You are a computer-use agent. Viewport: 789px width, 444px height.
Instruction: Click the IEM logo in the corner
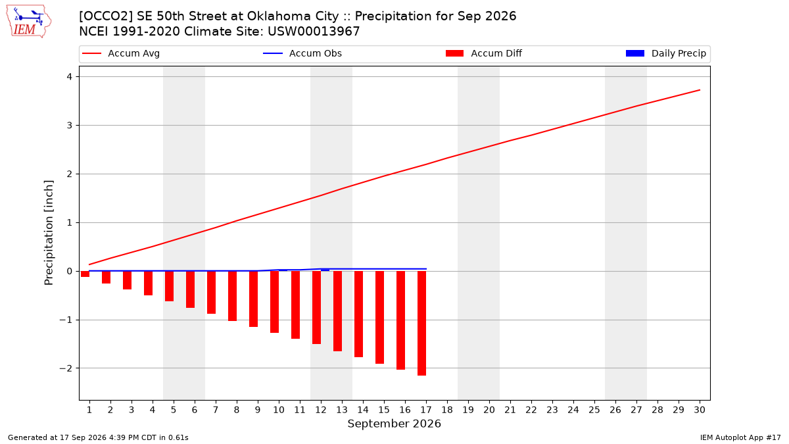coord(28,22)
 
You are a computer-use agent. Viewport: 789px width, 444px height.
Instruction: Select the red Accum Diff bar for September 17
coord(421,323)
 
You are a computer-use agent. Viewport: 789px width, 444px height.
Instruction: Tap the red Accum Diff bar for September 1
coord(85,274)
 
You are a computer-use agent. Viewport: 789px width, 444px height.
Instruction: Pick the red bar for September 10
coord(274,302)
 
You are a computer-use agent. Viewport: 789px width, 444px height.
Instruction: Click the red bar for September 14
coord(358,314)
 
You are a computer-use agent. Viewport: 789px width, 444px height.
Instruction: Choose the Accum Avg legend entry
coord(121,53)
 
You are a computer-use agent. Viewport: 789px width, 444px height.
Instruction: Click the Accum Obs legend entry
coord(302,53)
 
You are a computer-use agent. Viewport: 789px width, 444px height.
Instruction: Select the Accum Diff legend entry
coord(484,53)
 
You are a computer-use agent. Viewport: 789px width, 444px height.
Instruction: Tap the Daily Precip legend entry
coord(665,53)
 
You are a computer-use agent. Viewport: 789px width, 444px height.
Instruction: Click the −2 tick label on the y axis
coord(66,368)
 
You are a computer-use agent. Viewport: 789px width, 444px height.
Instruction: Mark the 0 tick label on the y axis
coord(70,271)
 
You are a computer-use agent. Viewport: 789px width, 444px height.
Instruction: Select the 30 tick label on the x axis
coord(700,410)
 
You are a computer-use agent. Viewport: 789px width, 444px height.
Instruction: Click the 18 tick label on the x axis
coord(447,410)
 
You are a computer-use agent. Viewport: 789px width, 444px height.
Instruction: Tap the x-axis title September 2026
coord(394,424)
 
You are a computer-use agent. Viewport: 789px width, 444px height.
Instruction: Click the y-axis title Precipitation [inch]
coord(49,233)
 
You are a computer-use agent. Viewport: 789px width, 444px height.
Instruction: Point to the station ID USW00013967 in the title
coord(314,32)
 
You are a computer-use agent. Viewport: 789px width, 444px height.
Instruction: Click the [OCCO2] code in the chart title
coord(106,16)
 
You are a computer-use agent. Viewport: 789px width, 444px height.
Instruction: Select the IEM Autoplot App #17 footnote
coord(740,437)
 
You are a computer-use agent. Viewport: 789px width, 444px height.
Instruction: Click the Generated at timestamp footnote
coord(98,437)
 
